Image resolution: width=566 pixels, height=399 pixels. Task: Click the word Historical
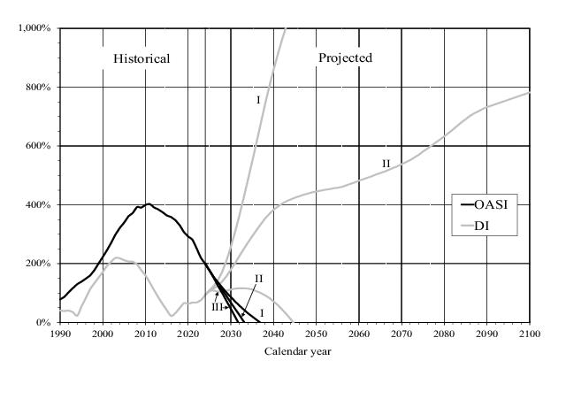pos(141,58)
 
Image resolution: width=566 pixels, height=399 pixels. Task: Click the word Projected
pos(345,58)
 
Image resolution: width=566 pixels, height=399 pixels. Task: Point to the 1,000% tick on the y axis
pos(36,28)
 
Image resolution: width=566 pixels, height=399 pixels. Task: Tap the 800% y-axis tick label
pos(41,88)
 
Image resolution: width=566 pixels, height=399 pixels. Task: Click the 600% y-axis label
pos(41,146)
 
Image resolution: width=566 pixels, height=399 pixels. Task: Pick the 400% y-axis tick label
pos(41,205)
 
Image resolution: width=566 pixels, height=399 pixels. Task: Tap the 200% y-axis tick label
pos(41,264)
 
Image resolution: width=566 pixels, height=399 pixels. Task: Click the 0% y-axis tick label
pos(44,323)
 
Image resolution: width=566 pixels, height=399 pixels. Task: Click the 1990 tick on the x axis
pos(60,334)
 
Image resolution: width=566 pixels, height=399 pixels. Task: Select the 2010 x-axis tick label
pos(146,334)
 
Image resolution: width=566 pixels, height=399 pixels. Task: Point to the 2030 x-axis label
pos(231,334)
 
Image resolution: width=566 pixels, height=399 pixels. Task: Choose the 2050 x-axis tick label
pos(317,334)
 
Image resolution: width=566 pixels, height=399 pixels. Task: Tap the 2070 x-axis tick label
pos(402,334)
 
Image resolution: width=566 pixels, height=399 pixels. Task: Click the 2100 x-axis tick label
pos(530,334)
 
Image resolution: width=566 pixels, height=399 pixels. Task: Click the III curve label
pos(217,306)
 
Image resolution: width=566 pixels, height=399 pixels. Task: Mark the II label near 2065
pos(386,164)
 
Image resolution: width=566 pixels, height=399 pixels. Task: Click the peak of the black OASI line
pos(148,203)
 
